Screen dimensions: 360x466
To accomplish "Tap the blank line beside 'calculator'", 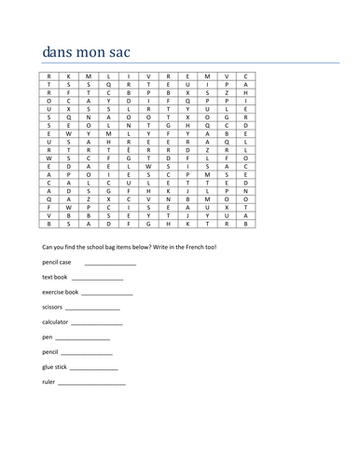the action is [97, 324].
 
